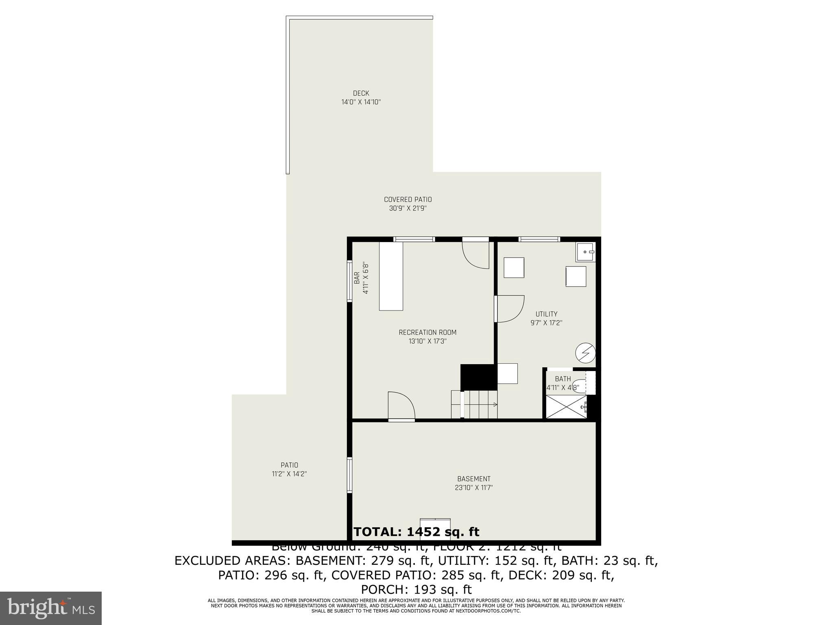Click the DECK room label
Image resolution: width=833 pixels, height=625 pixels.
coord(361,93)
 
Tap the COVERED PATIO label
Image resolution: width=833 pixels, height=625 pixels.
coord(408,199)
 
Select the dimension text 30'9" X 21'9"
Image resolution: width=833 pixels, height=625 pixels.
coord(408,208)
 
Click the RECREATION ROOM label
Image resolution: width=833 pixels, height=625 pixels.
coord(427,332)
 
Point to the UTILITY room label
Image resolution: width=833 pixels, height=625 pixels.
coord(546,314)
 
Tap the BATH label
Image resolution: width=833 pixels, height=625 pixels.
coord(563,379)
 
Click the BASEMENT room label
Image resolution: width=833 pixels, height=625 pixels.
coord(474,479)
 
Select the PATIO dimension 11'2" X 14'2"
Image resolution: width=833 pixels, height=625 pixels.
coord(289,474)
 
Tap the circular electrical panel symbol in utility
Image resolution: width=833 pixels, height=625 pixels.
coord(585,353)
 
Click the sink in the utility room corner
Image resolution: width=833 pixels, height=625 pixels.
coord(585,252)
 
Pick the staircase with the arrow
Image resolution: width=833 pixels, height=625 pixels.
coord(480,404)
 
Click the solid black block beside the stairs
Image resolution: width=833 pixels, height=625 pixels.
coord(478,377)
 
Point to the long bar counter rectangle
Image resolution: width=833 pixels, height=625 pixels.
coord(391,276)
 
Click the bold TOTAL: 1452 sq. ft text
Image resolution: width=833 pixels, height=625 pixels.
coord(416,532)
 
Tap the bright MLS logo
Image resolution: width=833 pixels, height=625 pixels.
coord(51,608)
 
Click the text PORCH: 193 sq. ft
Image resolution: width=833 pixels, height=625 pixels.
coord(416,589)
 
